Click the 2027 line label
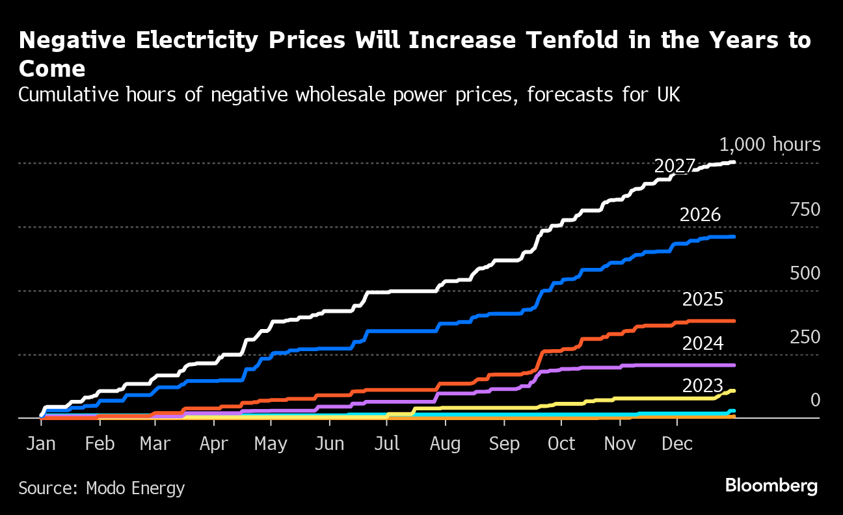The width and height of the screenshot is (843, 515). click(x=675, y=166)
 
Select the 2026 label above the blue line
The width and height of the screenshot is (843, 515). click(x=700, y=215)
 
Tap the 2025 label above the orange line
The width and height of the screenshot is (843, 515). click(x=702, y=300)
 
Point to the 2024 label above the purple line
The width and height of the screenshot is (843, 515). click(x=702, y=343)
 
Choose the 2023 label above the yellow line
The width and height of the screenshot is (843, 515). click(x=702, y=386)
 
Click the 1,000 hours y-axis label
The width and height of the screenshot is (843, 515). click(x=769, y=145)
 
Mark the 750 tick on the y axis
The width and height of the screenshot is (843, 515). click(x=805, y=210)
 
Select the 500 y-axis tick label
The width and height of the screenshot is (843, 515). click(x=805, y=274)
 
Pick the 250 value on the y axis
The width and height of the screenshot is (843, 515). click(x=805, y=337)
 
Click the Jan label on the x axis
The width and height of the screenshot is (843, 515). click(x=40, y=444)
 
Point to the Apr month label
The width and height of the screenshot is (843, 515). click(x=213, y=444)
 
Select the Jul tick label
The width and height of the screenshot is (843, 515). click(x=386, y=444)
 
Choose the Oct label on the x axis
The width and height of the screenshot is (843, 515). click(x=561, y=444)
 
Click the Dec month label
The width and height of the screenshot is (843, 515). click(x=677, y=444)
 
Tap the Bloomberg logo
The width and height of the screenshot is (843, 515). click(x=771, y=485)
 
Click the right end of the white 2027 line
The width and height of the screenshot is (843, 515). click(x=734, y=162)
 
